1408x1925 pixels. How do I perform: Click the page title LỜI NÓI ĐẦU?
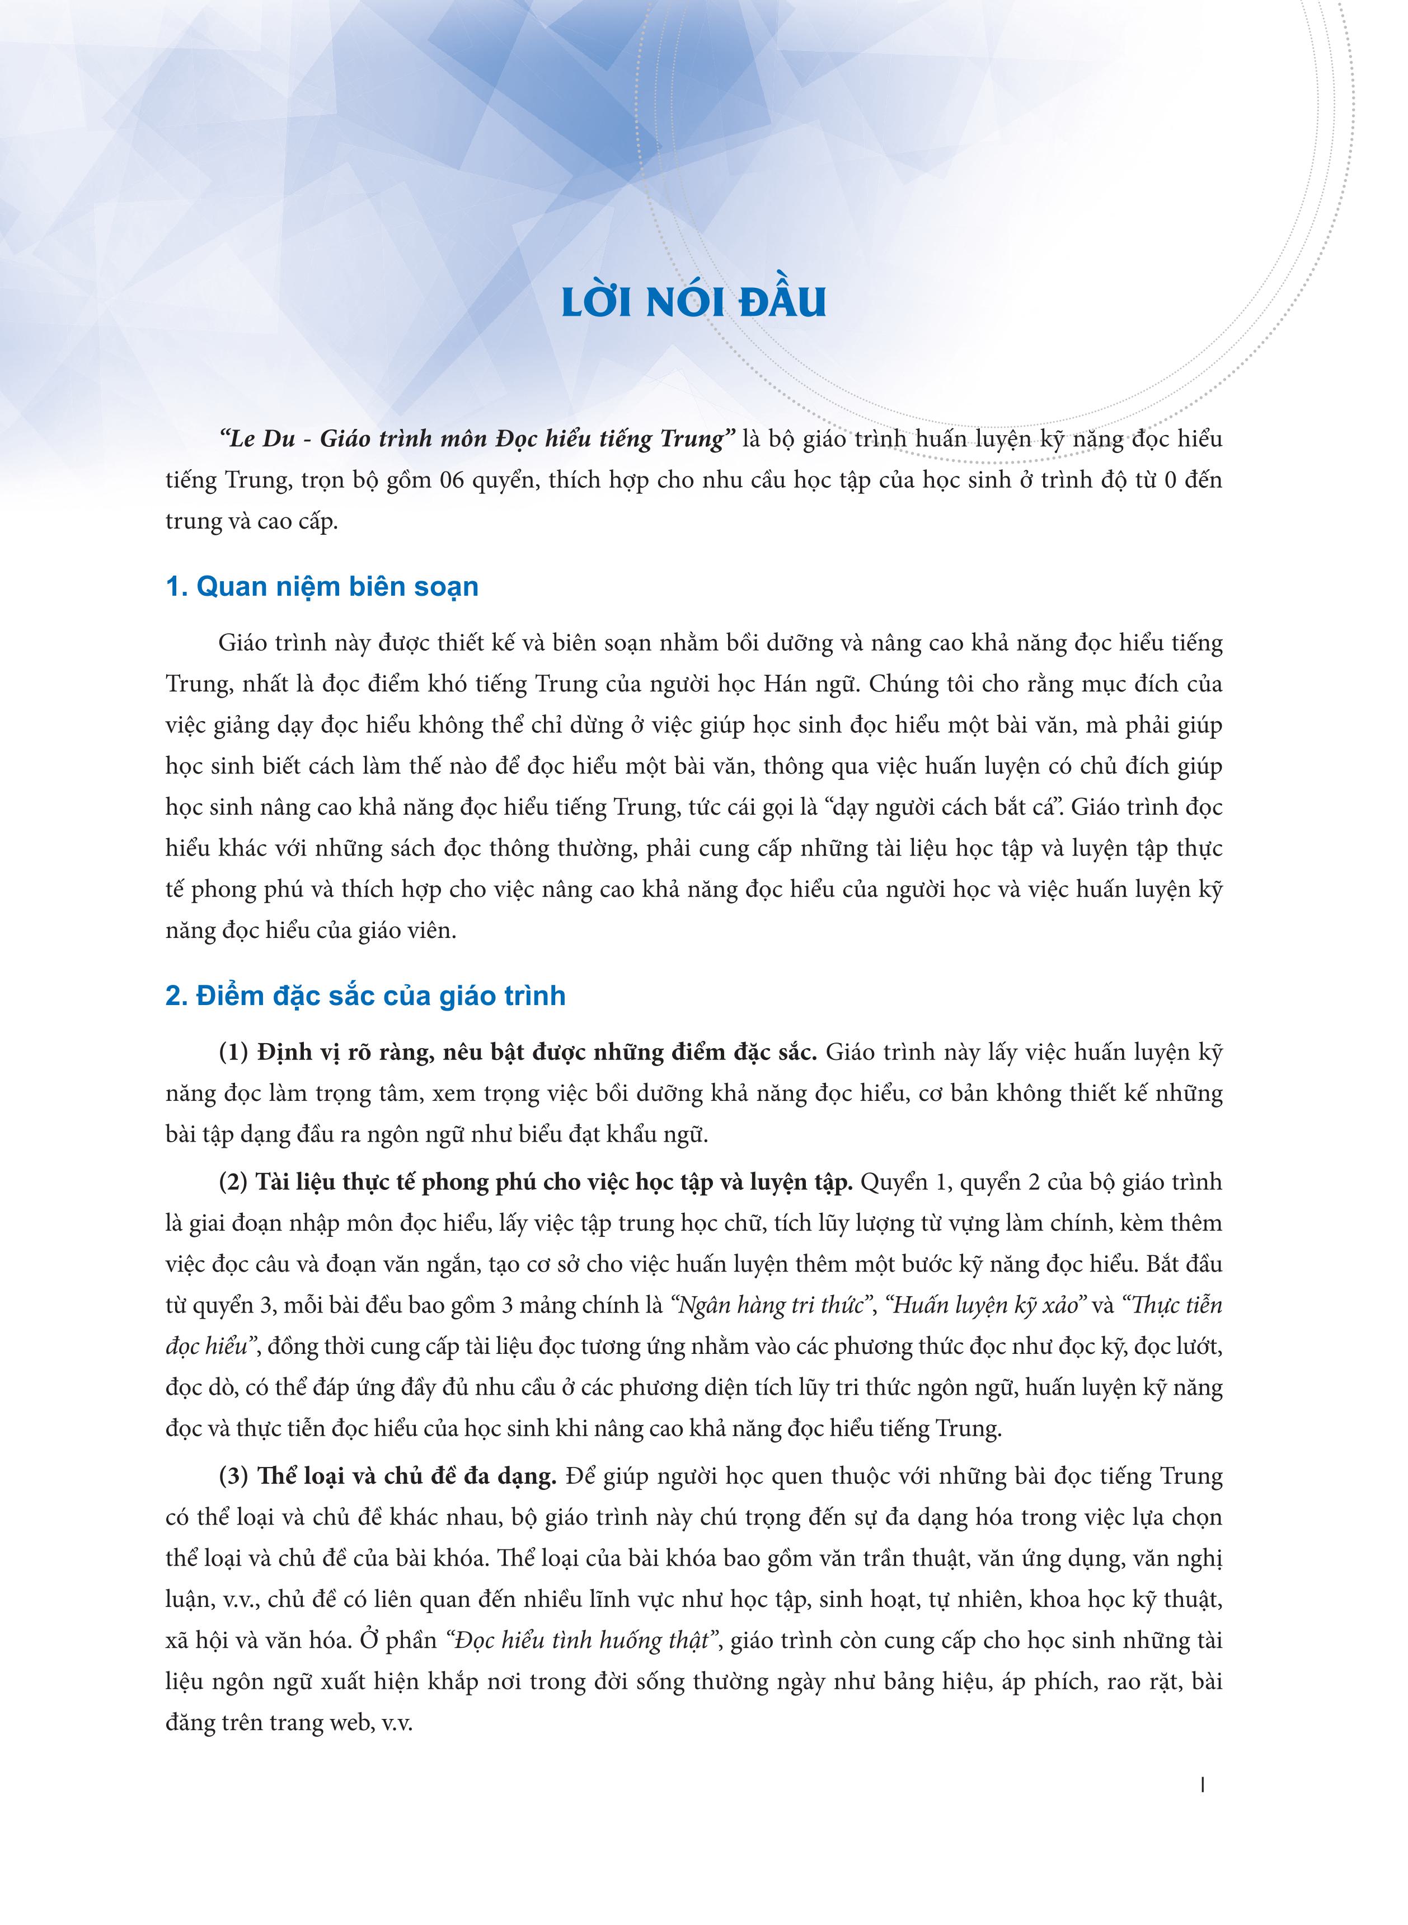[x=694, y=303]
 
